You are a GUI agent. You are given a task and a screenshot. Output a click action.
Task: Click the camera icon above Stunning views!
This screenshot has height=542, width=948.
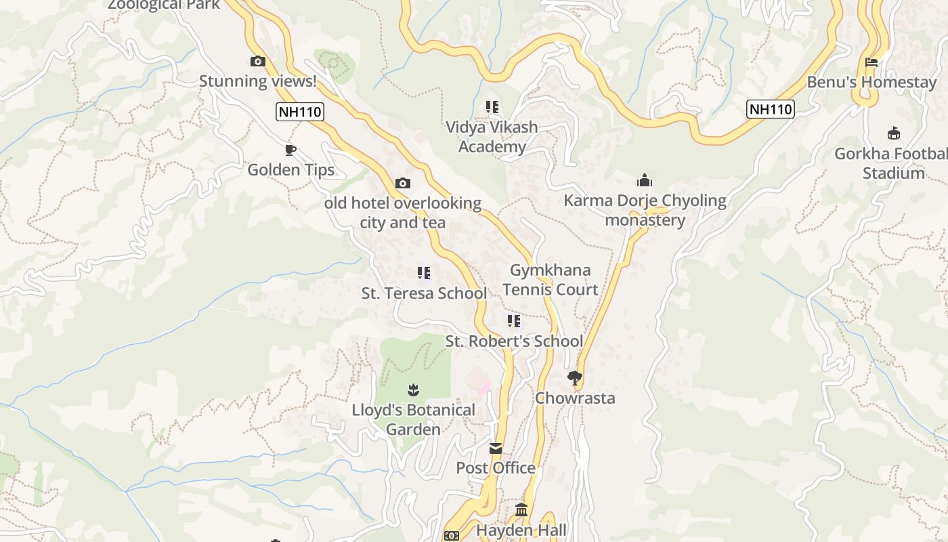[x=257, y=62]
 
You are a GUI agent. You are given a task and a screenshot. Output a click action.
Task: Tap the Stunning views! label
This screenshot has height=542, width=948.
[x=257, y=81]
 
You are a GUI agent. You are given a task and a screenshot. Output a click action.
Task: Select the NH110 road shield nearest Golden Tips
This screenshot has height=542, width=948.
[x=299, y=112]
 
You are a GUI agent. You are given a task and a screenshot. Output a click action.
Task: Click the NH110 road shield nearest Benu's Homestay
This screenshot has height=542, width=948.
[x=770, y=109]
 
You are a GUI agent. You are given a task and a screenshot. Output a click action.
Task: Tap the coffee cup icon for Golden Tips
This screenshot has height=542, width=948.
[x=290, y=150]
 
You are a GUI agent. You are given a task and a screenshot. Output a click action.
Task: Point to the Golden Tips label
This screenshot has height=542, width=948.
[x=290, y=169]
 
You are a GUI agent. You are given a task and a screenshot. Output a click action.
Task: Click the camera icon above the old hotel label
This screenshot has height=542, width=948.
[x=402, y=183]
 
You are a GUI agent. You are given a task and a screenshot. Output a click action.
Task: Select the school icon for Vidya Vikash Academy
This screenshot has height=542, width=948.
[x=492, y=107]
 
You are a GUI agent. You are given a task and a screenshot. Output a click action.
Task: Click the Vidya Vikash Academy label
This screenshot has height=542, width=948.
[x=492, y=137]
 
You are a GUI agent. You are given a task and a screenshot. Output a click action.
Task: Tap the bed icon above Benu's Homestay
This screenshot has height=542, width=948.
[x=871, y=62]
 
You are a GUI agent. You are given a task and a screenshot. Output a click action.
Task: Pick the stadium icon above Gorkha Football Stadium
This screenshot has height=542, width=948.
[x=893, y=133]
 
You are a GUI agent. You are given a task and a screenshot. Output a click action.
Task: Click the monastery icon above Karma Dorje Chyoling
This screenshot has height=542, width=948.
[x=644, y=181]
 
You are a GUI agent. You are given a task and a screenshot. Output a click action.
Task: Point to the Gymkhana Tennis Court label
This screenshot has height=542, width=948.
[x=550, y=280]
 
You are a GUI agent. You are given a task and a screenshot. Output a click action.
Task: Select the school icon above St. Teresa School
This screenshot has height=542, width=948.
[x=424, y=273]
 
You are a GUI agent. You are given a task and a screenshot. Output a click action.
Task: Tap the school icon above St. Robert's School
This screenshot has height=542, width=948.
[x=514, y=321]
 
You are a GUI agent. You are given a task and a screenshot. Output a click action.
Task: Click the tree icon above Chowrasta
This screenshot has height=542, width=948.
[x=575, y=378]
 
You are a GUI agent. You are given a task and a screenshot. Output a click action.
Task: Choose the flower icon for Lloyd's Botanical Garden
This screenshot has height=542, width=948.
[x=413, y=390]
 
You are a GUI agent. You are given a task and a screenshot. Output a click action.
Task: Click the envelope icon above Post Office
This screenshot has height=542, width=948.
[x=496, y=448]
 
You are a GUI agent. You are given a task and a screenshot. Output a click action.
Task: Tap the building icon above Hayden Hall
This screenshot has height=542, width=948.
[x=521, y=509]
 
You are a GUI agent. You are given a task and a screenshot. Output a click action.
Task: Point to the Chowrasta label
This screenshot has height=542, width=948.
[x=575, y=398]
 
